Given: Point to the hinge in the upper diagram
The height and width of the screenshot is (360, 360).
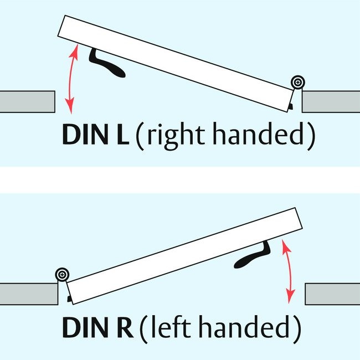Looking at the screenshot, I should click(299, 83).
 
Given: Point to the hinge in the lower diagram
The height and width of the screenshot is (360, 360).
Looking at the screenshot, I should click(62, 274).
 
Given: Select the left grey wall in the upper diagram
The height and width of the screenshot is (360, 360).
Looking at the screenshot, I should click(27, 101).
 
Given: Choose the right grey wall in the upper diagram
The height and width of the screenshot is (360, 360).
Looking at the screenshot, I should click(331, 101).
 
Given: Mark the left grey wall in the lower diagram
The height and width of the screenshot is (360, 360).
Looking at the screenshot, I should click(29, 294).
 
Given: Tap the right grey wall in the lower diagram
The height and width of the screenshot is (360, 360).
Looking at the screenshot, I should click(332, 294).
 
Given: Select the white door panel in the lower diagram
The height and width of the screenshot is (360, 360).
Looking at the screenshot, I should click(183, 255).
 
